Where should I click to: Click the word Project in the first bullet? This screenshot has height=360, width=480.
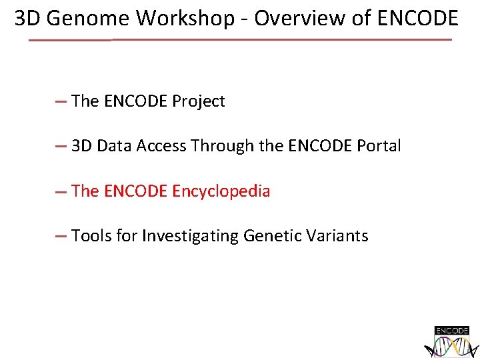tap(199, 101)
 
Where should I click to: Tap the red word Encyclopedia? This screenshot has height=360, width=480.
tap(221, 191)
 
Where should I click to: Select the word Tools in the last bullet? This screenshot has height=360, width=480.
tap(91, 235)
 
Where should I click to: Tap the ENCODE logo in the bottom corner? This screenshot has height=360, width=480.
tap(452, 341)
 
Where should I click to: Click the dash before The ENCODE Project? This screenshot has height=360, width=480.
tap(61, 102)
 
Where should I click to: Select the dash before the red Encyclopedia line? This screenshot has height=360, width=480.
tap(61, 192)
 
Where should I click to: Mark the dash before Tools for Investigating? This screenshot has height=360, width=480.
tap(61, 236)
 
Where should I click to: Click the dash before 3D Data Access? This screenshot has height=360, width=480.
tap(61, 147)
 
